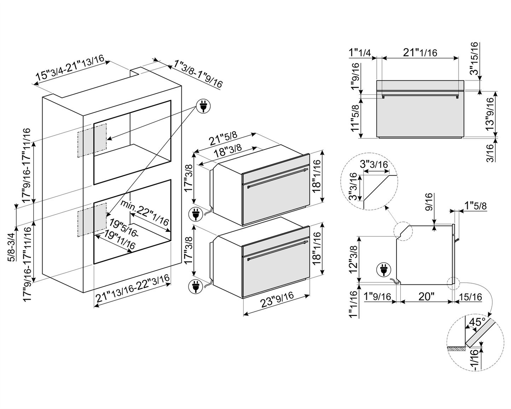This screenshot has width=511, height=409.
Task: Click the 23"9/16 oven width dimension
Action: coord(277,302)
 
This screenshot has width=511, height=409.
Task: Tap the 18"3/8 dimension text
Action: coord(228,153)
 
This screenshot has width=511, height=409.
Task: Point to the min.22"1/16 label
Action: coord(144,214)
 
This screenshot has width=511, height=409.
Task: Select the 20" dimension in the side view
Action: coord(426,296)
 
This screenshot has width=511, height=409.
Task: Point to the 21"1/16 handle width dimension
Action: coord(420,52)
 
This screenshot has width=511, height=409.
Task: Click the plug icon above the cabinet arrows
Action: coord(203,106)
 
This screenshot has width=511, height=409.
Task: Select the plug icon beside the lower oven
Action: coord(195,286)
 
